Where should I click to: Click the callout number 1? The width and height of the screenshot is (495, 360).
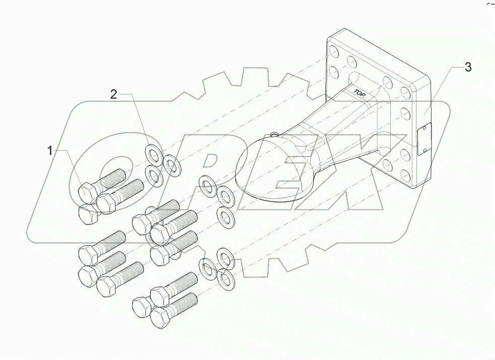coord(50,150)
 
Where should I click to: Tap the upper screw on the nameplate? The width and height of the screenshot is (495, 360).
coord(424,129)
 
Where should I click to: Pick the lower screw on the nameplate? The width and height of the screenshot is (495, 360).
coord(424,150)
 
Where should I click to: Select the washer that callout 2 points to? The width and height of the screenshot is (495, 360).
coord(152,153)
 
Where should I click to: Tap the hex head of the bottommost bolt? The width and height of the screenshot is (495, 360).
coord(162,318)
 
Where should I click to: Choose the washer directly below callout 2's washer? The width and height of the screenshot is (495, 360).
coord(153,174)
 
